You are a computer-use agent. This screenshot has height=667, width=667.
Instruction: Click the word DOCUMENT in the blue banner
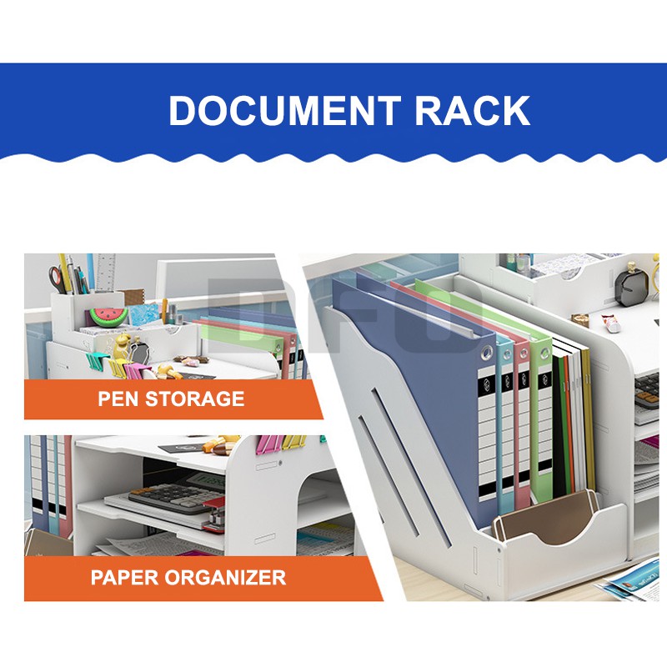click(284, 111)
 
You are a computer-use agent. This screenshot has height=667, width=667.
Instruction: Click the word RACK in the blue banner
click(472, 111)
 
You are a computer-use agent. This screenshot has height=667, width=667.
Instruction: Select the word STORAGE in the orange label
click(195, 399)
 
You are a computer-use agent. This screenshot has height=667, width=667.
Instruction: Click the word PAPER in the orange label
click(124, 577)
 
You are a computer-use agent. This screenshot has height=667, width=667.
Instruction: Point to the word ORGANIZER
click(225, 577)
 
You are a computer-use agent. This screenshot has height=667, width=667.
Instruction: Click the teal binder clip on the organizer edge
click(93, 360)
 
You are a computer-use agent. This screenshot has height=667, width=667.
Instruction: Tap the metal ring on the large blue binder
click(487, 352)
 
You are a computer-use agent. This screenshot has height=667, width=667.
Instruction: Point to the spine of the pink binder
click(523, 425)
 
